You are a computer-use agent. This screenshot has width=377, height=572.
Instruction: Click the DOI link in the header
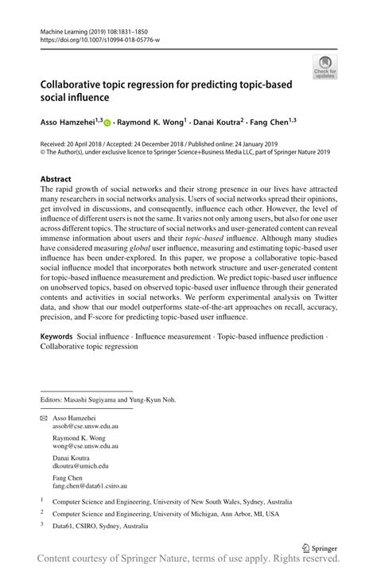pyautogui.click(x=99, y=40)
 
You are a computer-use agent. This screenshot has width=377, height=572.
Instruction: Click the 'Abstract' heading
pyautogui.click(x=56, y=179)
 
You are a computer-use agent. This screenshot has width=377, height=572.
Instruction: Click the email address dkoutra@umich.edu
pyautogui.click(x=80, y=466)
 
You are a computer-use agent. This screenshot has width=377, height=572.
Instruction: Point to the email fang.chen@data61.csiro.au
pyautogui.click(x=90, y=484)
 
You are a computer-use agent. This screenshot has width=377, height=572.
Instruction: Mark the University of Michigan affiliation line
pyautogui.click(x=165, y=514)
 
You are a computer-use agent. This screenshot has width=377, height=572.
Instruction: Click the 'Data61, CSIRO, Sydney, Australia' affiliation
pyautogui.click(x=100, y=526)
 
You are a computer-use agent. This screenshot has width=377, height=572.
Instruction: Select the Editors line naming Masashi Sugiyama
pyautogui.click(x=108, y=399)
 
